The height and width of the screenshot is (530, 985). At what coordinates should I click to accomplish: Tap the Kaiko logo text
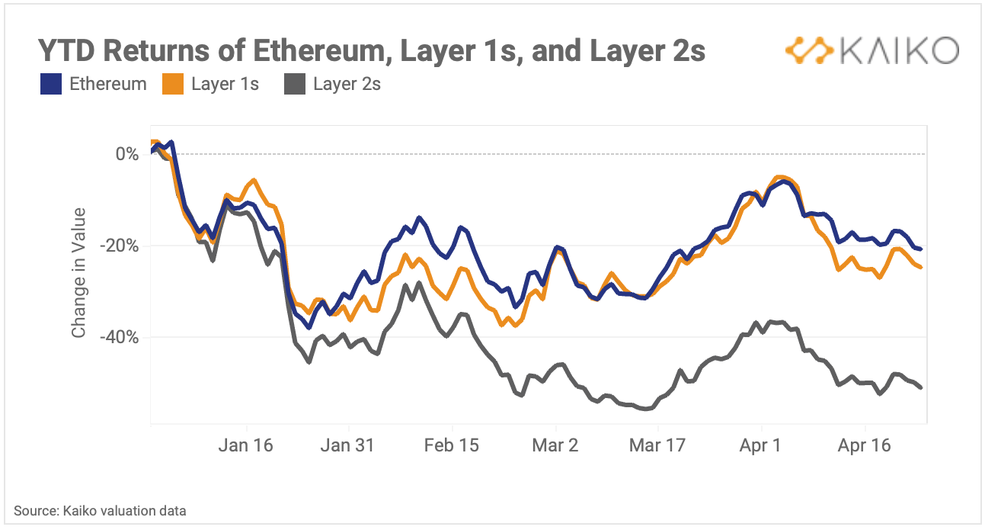(900, 50)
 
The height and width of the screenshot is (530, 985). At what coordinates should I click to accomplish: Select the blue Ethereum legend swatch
(50, 84)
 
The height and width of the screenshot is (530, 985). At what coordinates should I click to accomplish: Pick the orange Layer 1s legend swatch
(173, 84)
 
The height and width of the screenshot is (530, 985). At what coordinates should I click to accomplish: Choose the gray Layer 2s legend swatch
(295, 84)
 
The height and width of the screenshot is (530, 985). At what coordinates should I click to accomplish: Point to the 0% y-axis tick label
(127, 154)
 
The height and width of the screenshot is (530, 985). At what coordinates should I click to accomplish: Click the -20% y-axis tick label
(119, 246)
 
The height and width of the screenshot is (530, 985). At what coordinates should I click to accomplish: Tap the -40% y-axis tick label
(119, 338)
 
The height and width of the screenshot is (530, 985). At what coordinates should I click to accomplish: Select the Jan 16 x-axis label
(246, 445)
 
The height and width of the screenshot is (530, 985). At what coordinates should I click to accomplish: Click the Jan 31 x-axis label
(347, 445)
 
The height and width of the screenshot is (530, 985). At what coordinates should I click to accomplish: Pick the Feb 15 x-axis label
(452, 445)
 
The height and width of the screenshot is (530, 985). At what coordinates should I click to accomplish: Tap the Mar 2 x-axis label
(555, 445)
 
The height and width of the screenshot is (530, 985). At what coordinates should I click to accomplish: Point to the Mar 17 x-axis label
(657, 445)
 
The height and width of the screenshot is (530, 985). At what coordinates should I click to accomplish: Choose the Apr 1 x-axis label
(760, 445)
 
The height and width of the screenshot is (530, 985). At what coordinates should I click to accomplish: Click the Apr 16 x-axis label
(864, 445)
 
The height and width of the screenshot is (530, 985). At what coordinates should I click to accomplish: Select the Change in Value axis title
(78, 273)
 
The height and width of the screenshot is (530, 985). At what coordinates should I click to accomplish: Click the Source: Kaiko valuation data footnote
(100, 511)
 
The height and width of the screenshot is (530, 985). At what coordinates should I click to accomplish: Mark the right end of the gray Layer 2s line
(921, 388)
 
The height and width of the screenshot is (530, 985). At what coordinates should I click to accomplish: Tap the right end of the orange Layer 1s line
(921, 267)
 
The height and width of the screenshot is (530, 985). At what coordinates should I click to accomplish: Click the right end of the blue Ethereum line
(921, 249)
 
